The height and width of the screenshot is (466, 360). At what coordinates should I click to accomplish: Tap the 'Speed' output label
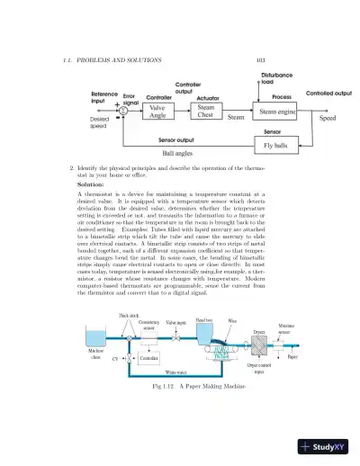(x=328, y=118)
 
